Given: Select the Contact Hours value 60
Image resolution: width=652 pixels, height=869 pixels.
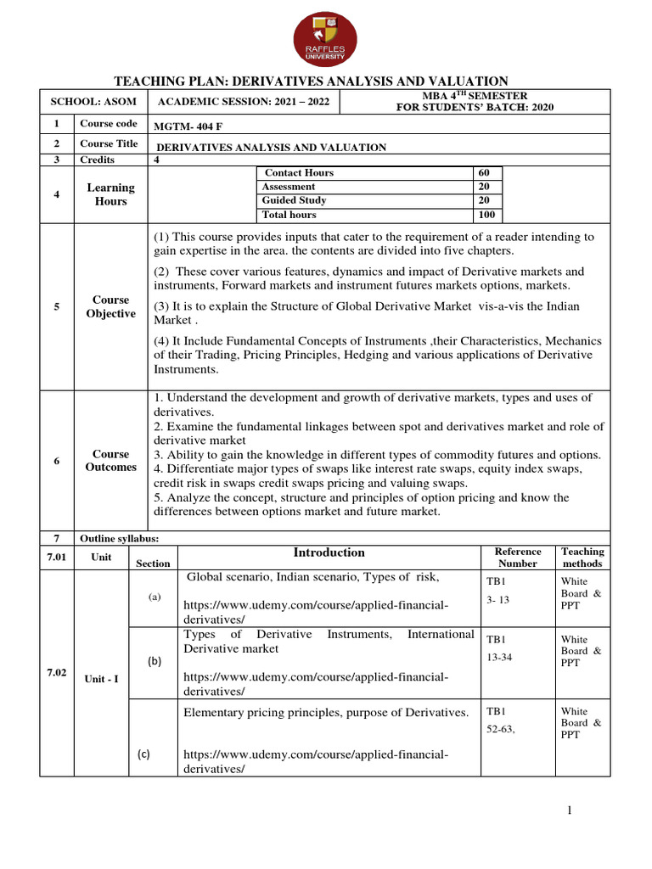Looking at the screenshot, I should pyautogui.click(x=485, y=173).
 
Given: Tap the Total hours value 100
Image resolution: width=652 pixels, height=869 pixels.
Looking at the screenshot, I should pyautogui.click(x=486, y=215).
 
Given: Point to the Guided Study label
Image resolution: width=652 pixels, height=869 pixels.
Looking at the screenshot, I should pyautogui.click(x=294, y=200).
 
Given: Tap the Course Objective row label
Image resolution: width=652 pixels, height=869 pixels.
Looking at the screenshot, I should pyautogui.click(x=110, y=307).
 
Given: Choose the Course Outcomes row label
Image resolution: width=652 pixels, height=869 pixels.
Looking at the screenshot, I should pyautogui.click(x=110, y=461).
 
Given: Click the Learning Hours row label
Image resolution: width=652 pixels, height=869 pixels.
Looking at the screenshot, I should pyautogui.click(x=110, y=194).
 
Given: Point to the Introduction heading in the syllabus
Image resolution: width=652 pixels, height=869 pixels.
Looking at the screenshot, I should pyautogui.click(x=329, y=552).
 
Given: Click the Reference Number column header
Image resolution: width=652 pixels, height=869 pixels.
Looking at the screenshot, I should pyautogui.click(x=517, y=558).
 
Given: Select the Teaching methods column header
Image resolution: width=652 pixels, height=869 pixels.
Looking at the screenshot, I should pyautogui.click(x=582, y=558).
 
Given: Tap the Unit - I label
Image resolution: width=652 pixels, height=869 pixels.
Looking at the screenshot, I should pyautogui.click(x=101, y=679).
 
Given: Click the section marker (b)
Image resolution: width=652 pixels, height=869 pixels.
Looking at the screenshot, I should pyautogui.click(x=155, y=660).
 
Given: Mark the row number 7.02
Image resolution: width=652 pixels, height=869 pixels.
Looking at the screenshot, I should pyautogui.click(x=56, y=672).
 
